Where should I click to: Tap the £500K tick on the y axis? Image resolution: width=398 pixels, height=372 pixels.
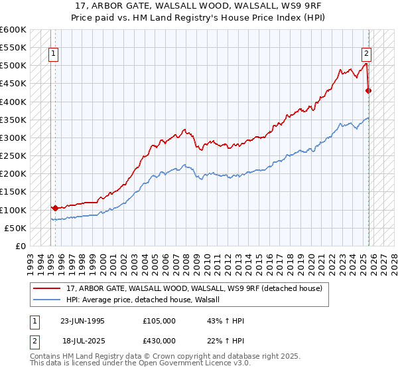coord(13,66)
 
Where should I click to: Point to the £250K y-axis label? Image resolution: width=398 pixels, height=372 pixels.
coord(13,156)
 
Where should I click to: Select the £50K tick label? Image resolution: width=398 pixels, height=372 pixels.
coord(16,228)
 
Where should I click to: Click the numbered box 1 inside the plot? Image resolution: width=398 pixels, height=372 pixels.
coord(53,55)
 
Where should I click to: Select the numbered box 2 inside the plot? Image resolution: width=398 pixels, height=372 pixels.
coord(365,55)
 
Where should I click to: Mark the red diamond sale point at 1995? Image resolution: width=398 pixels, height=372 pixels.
coord(54,208)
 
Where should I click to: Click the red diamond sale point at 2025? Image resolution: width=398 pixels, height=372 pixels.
coord(369,91)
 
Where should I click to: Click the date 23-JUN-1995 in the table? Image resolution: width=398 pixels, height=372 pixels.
coord(82,321)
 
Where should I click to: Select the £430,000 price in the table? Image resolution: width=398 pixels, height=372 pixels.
coord(159,341)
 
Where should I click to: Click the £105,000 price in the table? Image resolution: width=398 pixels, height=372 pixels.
coord(159,321)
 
